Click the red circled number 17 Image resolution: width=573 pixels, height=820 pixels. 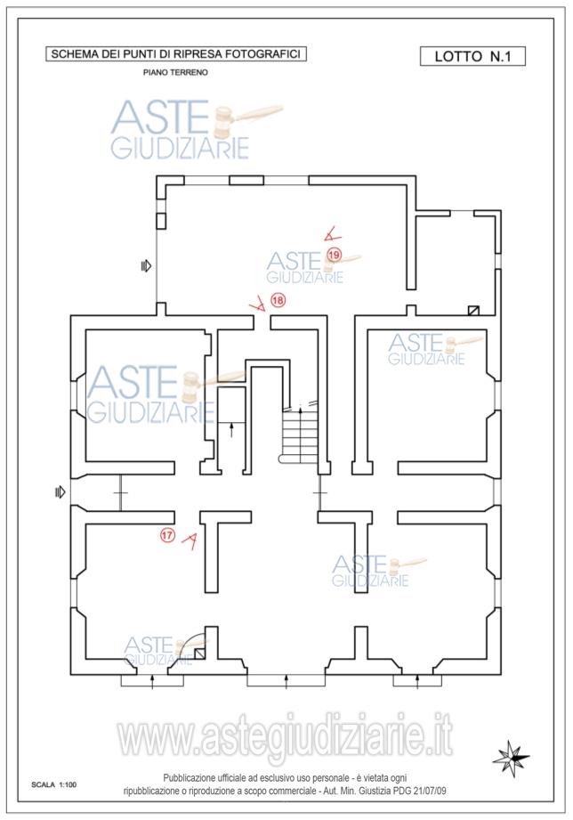pos(167,535)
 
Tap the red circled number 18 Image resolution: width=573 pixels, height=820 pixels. pos(278,300)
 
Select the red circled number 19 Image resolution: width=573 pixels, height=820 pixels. pos(334,256)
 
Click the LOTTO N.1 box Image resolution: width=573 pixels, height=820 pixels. pos(472,56)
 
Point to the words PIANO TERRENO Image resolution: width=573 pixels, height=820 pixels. pos(175,73)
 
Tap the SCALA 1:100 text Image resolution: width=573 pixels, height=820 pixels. pos(54,784)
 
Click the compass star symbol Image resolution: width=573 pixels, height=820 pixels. pos(511,756)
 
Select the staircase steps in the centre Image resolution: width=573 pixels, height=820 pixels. pos(300,434)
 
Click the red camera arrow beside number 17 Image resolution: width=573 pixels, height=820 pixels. pos(190,541)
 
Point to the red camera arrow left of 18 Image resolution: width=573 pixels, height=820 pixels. pos(257,304)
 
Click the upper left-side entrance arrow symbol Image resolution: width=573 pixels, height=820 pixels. pos(147,266)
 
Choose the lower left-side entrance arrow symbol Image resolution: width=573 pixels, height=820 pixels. pos(61,492)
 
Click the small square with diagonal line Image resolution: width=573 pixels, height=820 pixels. pos(473,310)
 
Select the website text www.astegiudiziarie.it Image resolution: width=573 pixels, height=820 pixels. pos(286,738)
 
